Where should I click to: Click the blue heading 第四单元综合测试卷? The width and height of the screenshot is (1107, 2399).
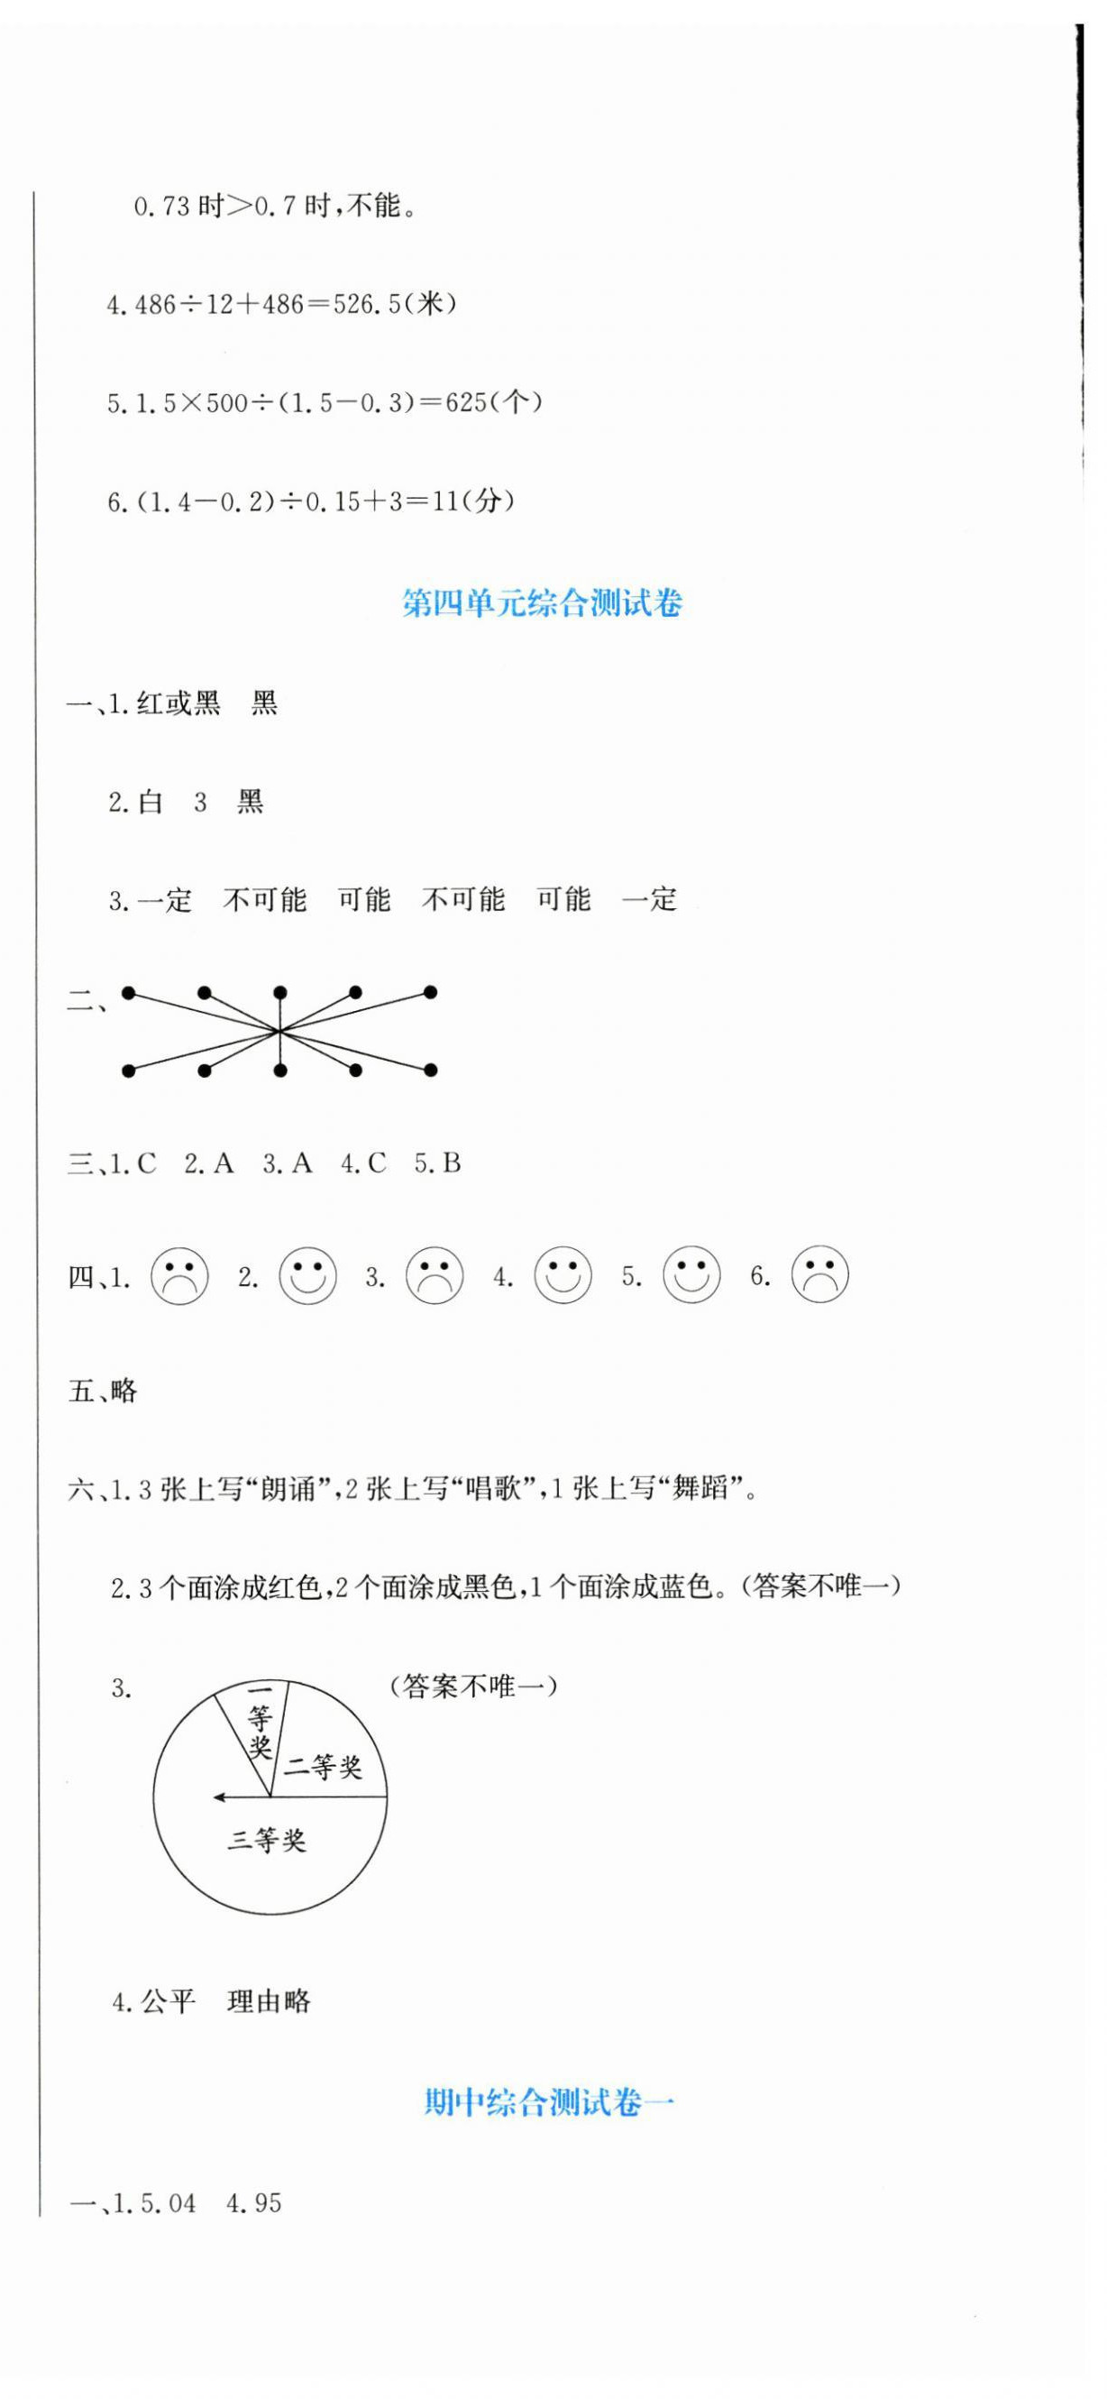(542, 603)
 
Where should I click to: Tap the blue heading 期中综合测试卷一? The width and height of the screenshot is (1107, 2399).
(548, 2102)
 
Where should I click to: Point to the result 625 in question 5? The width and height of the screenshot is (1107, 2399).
(466, 403)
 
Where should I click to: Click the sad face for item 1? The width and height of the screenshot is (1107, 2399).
(179, 1276)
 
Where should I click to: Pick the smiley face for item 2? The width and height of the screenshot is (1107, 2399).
(308, 1276)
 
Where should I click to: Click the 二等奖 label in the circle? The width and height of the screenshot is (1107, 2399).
(322, 1766)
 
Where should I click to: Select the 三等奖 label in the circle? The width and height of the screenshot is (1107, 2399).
(267, 1840)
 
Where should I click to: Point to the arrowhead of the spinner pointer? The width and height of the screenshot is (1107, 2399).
(218, 1797)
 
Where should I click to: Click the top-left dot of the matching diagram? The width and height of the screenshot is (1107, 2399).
(129, 994)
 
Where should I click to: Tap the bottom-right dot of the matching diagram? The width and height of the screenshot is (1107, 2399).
(430, 1071)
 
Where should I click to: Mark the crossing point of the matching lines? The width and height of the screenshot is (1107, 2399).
(279, 1031)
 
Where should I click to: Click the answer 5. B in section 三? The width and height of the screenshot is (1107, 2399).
(437, 1163)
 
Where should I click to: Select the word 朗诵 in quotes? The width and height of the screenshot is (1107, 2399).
(288, 1489)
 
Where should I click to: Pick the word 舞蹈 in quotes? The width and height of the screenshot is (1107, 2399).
(700, 1489)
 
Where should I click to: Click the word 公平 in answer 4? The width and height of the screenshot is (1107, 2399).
(169, 2001)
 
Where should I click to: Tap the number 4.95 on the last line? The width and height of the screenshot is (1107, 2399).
(254, 2203)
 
